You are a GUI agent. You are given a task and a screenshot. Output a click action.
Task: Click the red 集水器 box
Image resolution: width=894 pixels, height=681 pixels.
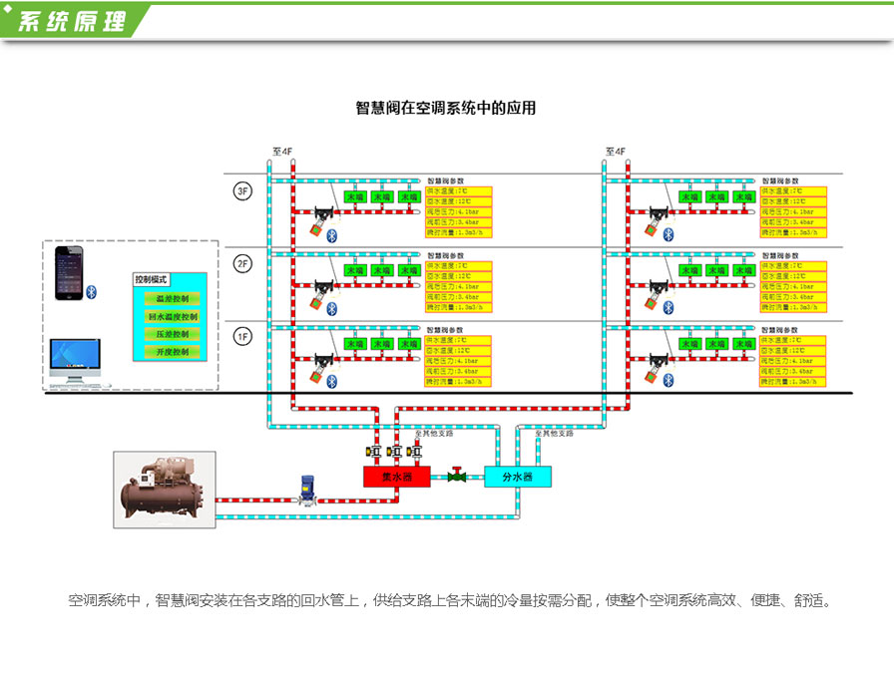pos(396,477)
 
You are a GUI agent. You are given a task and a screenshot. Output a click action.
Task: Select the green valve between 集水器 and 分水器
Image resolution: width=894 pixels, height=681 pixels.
pos(457,476)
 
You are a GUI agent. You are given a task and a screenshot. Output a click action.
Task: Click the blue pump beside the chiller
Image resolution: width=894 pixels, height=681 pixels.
pos(307,490)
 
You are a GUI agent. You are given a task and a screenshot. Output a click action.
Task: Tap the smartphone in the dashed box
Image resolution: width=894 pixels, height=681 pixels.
pos(69,273)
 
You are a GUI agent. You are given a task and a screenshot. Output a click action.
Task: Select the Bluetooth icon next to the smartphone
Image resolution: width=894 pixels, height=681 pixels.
pos(89,291)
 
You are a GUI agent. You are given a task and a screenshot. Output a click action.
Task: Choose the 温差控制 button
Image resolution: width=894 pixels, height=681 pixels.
pos(172,298)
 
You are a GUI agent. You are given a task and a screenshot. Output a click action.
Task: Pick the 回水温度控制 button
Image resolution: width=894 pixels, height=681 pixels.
pos(172,316)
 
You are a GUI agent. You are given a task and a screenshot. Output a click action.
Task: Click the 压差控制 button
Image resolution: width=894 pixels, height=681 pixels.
pos(172,334)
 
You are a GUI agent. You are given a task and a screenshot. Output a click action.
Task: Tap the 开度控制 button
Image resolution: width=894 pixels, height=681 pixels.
pos(172,352)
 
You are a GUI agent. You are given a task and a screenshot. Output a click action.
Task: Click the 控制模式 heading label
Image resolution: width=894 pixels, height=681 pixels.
pos(152,280)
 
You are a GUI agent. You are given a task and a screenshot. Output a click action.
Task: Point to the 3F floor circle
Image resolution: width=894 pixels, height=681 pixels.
pos(241,191)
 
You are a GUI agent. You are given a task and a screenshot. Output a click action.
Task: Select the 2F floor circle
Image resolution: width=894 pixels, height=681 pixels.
pos(241,263)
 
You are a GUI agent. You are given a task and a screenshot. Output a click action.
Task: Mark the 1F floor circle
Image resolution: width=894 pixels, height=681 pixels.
pos(241,336)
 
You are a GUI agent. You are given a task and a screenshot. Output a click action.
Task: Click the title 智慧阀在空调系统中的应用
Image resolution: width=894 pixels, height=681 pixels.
pos(446,108)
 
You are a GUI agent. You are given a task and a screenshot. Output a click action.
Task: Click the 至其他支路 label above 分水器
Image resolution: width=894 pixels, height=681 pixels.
pos(554,434)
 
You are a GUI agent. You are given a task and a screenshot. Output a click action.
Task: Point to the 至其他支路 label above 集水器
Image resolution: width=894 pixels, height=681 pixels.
pos(433,434)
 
